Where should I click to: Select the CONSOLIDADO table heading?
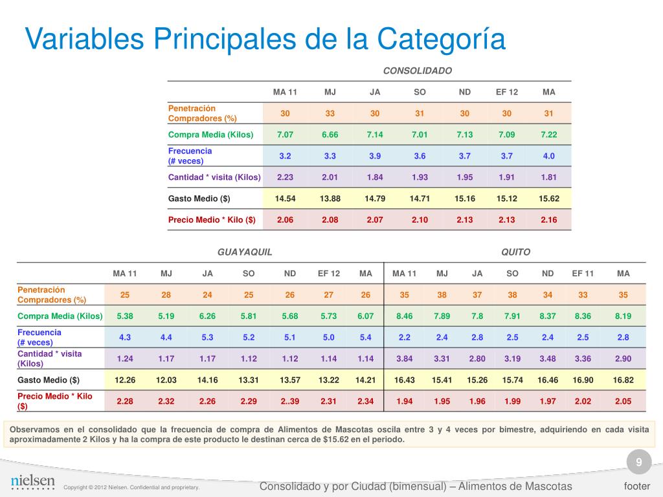pyautogui.click(x=417, y=70)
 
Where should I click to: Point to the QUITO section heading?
pyautogui.click(x=515, y=252)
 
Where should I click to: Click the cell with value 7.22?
pyautogui.click(x=548, y=135)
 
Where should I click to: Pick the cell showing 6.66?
pyautogui.click(x=330, y=135)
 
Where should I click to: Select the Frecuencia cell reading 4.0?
pyautogui.click(x=548, y=156)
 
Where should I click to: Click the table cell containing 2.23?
pyautogui.click(x=285, y=177)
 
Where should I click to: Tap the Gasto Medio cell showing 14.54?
pyautogui.click(x=285, y=198)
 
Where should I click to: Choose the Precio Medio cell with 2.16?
pyautogui.click(x=548, y=219)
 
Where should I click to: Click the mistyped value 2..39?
pyautogui.click(x=289, y=401)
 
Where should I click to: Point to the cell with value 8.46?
pyautogui.click(x=404, y=316)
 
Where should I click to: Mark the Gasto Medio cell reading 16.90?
pyautogui.click(x=583, y=380)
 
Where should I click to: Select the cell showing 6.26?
pyautogui.click(x=207, y=316)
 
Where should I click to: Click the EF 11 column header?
pyautogui.click(x=583, y=273)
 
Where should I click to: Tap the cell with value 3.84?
pyautogui.click(x=404, y=359)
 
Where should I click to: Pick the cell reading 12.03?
pyautogui.click(x=166, y=380)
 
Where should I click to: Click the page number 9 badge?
pyautogui.click(x=638, y=462)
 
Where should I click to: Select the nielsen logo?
pyautogui.click(x=32, y=482)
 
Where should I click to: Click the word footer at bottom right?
pyautogui.click(x=636, y=486)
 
